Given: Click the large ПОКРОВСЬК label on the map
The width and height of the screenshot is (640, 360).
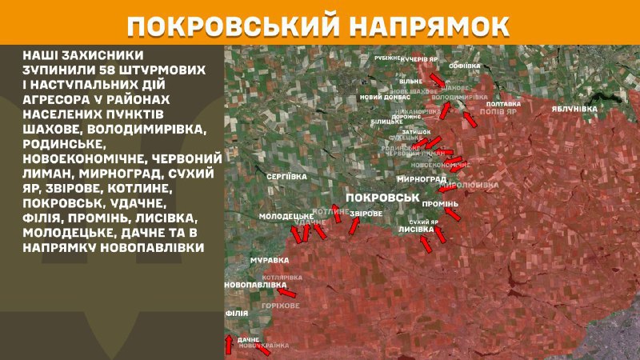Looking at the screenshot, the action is [383, 197].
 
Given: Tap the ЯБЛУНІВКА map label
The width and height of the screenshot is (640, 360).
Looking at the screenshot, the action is [574, 108].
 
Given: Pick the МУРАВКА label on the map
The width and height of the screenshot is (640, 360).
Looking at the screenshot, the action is [247, 260].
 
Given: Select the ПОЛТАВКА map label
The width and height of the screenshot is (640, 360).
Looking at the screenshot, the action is [503, 104].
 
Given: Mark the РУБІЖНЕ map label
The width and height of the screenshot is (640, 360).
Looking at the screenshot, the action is [388, 58].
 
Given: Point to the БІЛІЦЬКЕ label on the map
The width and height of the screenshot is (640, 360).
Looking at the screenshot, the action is [381, 121].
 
